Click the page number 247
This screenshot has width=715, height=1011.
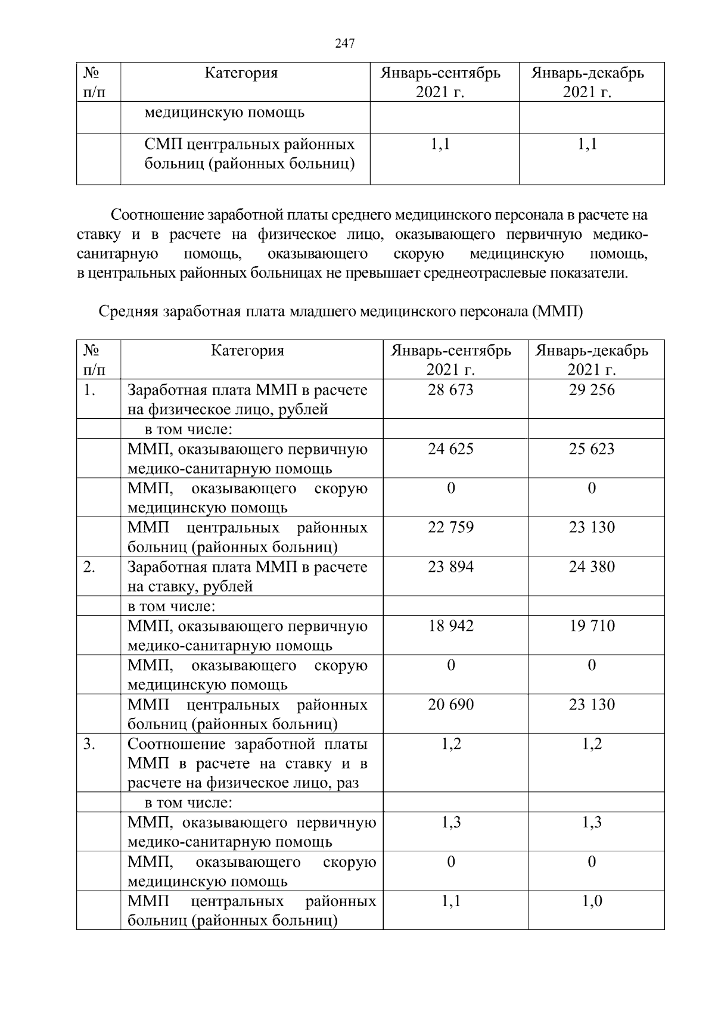click(345, 43)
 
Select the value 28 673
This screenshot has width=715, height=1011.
click(450, 390)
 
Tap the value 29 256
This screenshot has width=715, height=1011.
click(591, 390)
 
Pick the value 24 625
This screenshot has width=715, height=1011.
click(450, 449)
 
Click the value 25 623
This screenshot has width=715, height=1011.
click(591, 449)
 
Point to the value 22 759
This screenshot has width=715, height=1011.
click(450, 527)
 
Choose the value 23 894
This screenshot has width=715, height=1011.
click(450, 567)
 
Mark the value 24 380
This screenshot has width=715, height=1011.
click(591, 567)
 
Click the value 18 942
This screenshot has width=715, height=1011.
click(450, 626)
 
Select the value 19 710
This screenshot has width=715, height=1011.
click(591, 626)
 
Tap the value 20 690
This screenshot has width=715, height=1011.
click(450, 705)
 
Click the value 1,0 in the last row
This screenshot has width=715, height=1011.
click(592, 901)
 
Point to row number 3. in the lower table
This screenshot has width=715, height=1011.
click(89, 744)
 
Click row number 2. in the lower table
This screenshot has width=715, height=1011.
click(89, 567)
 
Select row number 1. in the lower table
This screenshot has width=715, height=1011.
click(89, 390)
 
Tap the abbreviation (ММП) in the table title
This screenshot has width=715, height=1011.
click(555, 312)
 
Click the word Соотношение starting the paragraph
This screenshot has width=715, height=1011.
click(157, 215)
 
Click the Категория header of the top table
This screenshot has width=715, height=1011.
click(241, 73)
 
